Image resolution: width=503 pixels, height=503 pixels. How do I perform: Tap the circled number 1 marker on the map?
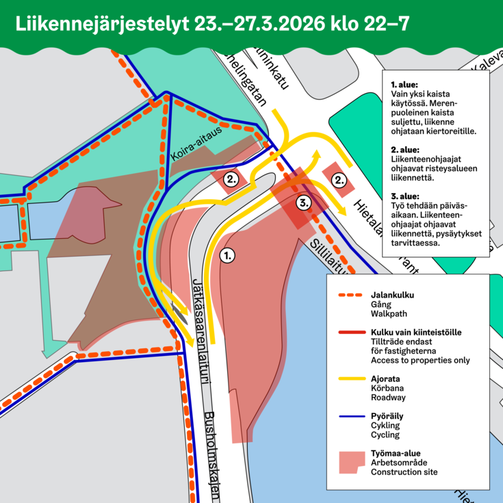(228, 255)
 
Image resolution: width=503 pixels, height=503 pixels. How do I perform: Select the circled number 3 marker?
(304, 203)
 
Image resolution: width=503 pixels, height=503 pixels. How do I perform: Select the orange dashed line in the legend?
(351, 296)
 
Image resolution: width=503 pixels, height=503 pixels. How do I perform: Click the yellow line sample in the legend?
(351, 378)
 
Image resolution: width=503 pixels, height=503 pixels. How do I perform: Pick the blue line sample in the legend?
(351, 415)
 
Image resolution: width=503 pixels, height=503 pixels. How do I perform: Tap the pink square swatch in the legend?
(352, 462)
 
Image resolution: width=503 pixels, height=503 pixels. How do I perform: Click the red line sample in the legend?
(351, 332)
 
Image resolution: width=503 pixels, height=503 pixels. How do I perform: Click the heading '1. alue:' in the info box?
(404, 84)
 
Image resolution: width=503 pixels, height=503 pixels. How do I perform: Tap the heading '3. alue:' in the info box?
(404, 195)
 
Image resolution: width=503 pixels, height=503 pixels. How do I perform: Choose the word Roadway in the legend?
(388, 397)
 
